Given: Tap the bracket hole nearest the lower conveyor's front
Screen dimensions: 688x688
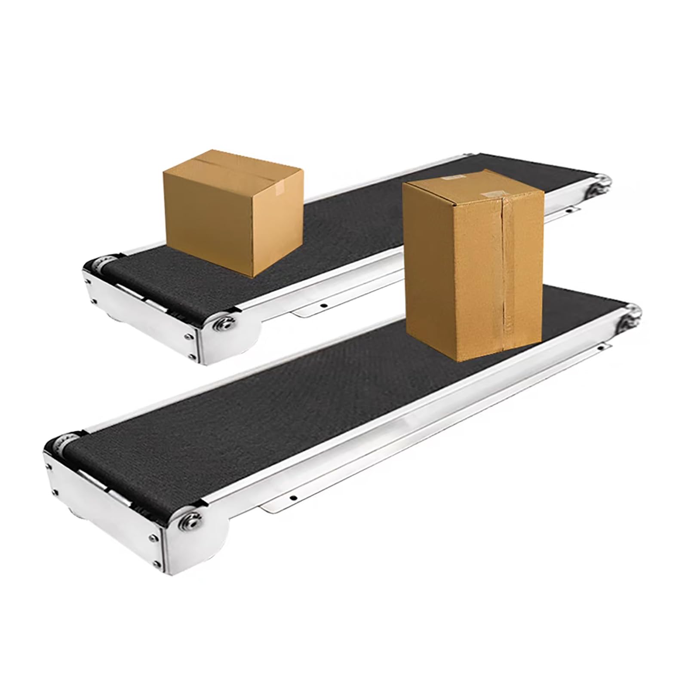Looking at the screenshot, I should (294, 498).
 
